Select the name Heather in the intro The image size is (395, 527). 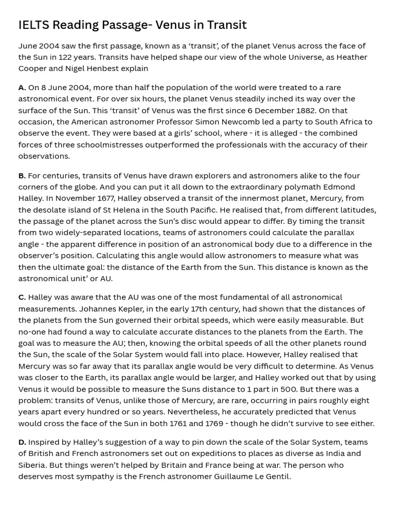(350, 57)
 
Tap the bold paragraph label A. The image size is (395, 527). (22, 87)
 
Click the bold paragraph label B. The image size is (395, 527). (22, 175)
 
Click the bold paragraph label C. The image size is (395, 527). (22, 297)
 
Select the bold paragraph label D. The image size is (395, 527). (22, 442)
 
